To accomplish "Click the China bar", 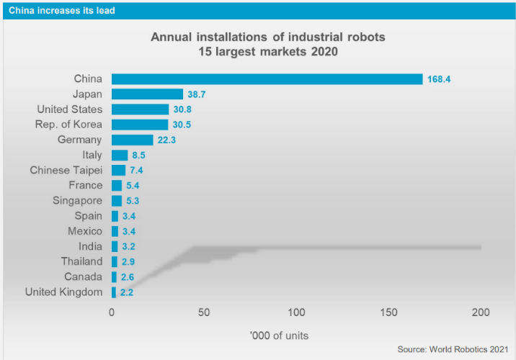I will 267,79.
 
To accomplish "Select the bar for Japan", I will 147,94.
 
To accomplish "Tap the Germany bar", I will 133,140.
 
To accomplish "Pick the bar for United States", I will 140,109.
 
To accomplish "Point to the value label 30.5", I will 183,125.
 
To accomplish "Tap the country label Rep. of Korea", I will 68,125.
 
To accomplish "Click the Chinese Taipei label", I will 66,171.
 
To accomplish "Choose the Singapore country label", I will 78,201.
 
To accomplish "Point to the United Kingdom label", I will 63,292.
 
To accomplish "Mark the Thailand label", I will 81,261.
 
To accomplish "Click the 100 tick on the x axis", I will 296,312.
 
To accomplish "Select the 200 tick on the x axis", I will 481,312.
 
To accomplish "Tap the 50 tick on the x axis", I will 204,312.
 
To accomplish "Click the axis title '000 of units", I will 279,336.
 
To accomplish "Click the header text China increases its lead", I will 61,10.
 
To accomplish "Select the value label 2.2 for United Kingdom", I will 126,292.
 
